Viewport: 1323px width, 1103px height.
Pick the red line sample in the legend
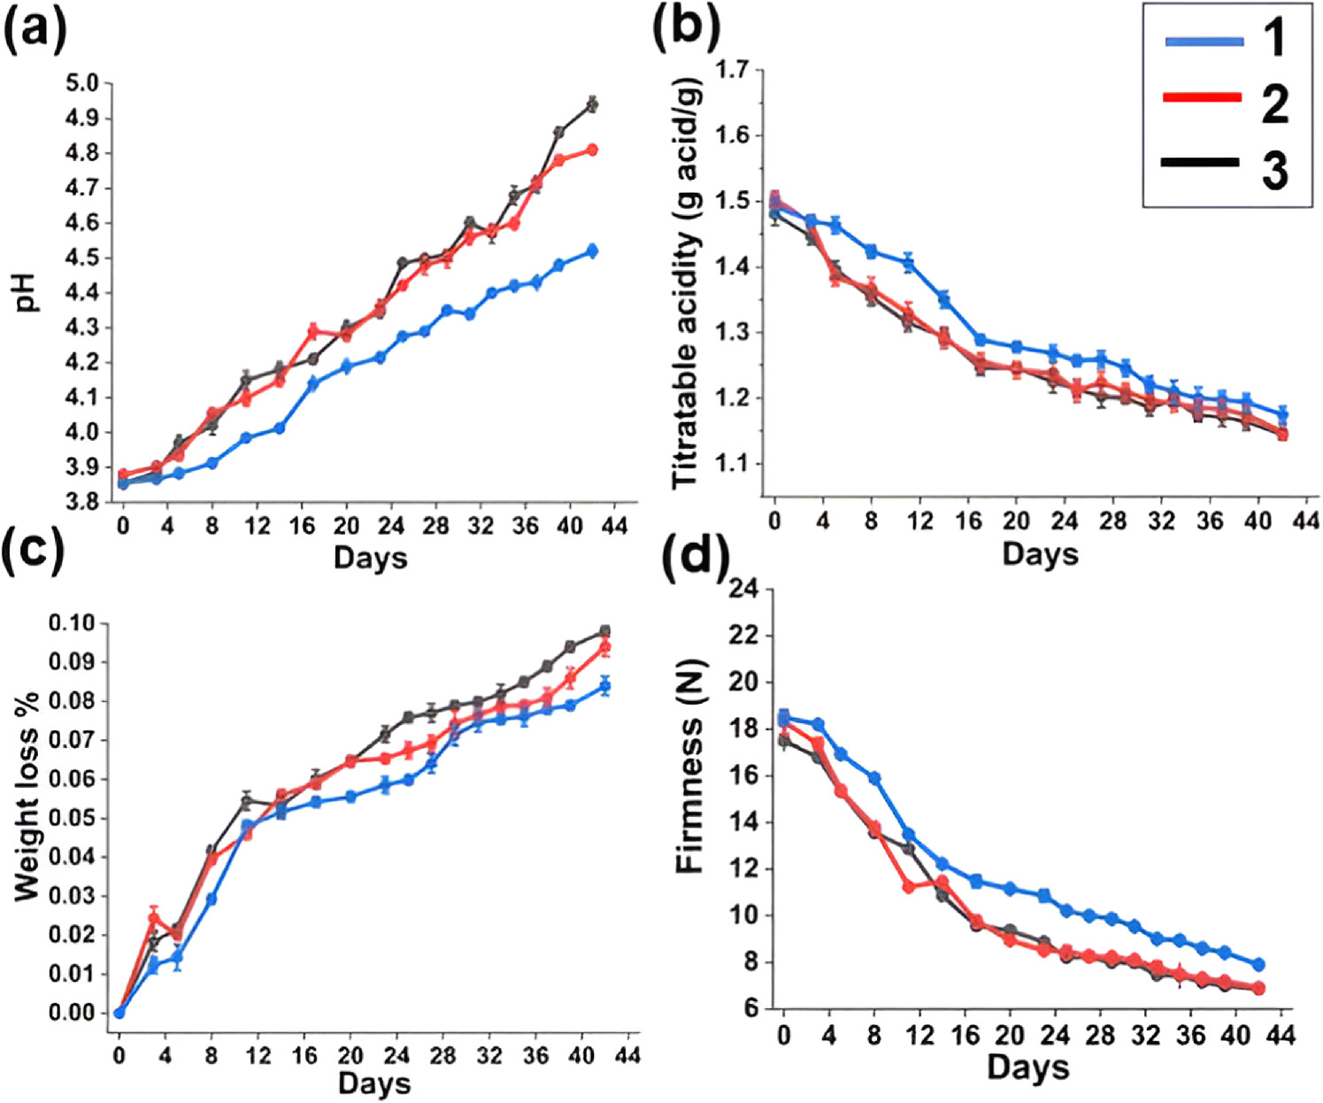click(x=1203, y=96)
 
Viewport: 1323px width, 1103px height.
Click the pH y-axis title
click(x=30, y=291)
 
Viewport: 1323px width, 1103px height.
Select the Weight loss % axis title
click(x=27, y=814)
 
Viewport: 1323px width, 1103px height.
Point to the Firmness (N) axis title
click(x=689, y=767)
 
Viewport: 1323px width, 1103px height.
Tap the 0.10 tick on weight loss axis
click(x=73, y=623)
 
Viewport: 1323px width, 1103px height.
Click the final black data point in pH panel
click(x=592, y=104)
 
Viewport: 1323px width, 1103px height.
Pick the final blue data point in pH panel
click(x=592, y=251)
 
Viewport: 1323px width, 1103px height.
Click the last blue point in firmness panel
click(x=1258, y=965)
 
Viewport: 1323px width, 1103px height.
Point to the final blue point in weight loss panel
click(x=605, y=686)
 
